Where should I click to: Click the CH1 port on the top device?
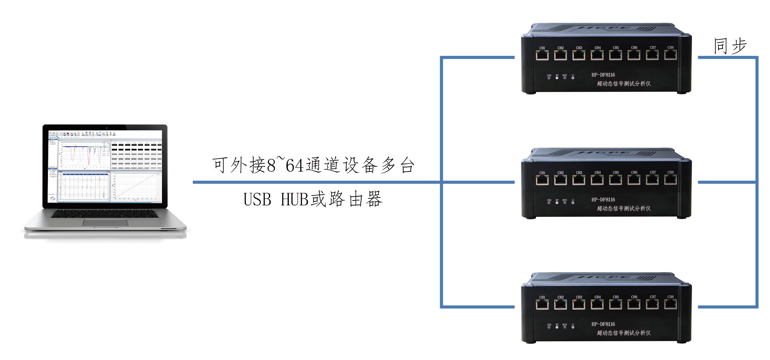(542, 55)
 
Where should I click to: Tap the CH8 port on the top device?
(670, 55)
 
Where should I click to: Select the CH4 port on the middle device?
(597, 180)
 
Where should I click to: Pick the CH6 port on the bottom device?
(634, 305)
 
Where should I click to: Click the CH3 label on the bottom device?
(579, 297)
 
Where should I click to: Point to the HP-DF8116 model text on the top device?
(603, 75)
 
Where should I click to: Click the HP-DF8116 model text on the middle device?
(603, 200)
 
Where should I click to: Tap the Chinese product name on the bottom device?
(624, 333)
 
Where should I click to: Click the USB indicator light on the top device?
(549, 78)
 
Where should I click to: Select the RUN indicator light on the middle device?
(565, 203)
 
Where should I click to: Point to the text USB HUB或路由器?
(313, 199)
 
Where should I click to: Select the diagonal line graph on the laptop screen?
(136, 186)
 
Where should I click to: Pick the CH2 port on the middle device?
(561, 180)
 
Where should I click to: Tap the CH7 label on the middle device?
(653, 172)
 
